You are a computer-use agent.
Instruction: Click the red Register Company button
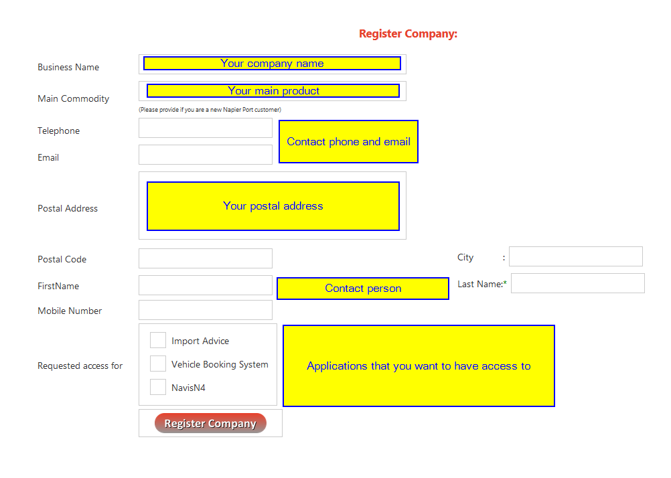[210, 423]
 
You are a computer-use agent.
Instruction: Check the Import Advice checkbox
[158, 340]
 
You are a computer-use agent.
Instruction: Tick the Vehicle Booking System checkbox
[158, 364]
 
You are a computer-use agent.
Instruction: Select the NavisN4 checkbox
[158, 387]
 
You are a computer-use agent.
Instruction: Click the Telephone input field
[206, 128]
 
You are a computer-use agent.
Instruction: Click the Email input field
[206, 155]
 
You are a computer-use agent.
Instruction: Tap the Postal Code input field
[206, 258]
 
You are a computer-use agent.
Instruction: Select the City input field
[575, 256]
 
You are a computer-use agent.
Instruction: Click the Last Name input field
[578, 283]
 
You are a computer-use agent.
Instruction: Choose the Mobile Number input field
[206, 310]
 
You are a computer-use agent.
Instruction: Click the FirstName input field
[206, 285]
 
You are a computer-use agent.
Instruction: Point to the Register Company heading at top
[408, 33]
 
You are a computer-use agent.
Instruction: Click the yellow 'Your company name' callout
[272, 64]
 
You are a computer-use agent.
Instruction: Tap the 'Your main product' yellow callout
[273, 91]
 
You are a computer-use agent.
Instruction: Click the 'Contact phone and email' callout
[348, 142]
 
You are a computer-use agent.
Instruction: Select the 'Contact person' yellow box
[363, 289]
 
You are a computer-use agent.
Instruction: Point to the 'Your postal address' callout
[273, 206]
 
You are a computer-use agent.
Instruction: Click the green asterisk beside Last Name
[505, 283]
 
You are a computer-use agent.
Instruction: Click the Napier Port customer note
[210, 110]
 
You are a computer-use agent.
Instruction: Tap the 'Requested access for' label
[80, 366]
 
